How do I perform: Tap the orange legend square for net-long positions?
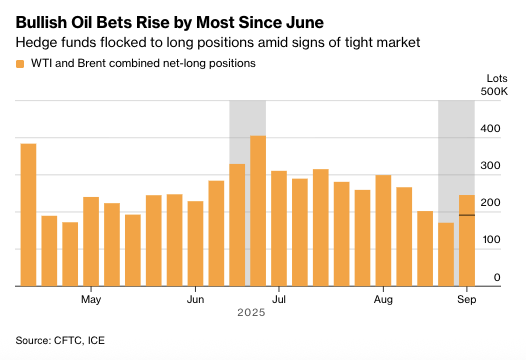click(20, 63)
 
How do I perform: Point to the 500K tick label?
click(494, 92)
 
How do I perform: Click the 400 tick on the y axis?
click(489, 129)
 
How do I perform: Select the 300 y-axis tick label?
click(489, 166)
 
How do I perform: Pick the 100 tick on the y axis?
click(489, 240)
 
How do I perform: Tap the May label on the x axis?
click(91, 299)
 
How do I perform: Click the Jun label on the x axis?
click(196, 299)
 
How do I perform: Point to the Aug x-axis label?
click(383, 299)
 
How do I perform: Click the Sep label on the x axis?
click(466, 299)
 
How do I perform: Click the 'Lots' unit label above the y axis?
click(492, 76)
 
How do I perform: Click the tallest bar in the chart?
click(258, 210)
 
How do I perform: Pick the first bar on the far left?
click(28, 215)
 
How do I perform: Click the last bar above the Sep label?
click(466, 240)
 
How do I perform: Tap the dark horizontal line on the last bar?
click(466, 215)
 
